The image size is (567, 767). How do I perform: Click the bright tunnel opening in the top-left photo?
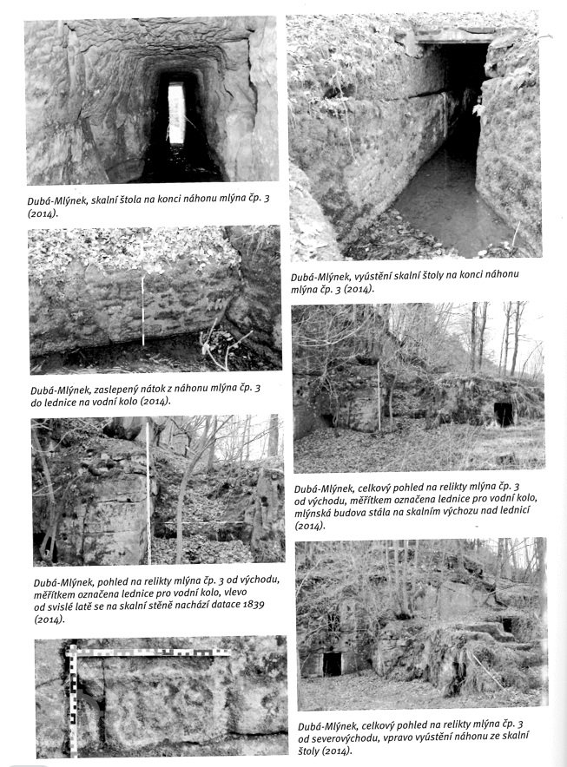coord(177,113)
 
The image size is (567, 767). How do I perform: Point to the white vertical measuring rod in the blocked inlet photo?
coord(143,311)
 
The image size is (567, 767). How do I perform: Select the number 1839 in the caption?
coord(254,605)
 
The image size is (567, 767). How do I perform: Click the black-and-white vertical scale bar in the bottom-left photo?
coord(74,700)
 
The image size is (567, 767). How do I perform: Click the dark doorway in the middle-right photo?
coord(504,415)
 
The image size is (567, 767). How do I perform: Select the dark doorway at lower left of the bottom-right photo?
coord(333,664)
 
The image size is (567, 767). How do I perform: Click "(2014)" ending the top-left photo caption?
coord(42,213)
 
